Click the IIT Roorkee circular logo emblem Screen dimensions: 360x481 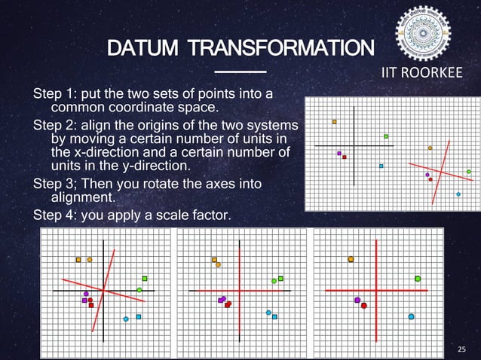coord(423,34)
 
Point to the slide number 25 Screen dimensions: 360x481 coord(462,349)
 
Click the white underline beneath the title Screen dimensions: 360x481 coord(240,72)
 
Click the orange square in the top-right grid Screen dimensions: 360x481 coord(335,121)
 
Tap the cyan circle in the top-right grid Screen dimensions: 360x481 coord(458,194)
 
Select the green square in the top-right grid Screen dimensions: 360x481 coord(386,136)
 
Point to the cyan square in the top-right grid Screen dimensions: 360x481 coord(381,166)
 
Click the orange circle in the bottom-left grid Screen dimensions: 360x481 coord(90,260)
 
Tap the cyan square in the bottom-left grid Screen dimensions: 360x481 coord(139,316)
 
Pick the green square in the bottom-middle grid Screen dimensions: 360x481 coord(280,279)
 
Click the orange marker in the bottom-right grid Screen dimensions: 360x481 coord(351,260)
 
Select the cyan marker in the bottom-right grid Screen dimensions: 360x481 coord(411,316)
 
